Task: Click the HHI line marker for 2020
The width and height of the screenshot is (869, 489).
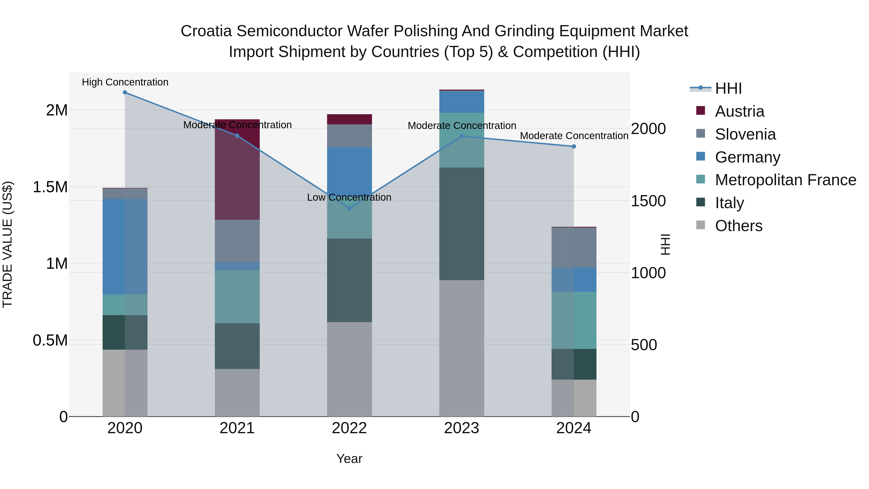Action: pos(125,92)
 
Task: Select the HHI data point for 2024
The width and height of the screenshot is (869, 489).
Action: pos(574,147)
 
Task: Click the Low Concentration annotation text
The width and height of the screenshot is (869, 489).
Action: pos(349,198)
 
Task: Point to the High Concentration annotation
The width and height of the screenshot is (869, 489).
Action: pos(125,82)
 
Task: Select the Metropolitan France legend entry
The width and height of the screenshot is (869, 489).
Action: pos(785,180)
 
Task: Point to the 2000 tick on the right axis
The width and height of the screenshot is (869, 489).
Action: pos(648,129)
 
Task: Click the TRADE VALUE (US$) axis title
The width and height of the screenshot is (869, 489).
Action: pos(7,244)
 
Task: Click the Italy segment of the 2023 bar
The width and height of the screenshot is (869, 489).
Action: pos(462,224)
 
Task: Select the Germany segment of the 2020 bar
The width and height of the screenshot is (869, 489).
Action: pos(125,247)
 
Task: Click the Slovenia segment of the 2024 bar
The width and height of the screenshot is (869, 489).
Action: pos(574,248)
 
